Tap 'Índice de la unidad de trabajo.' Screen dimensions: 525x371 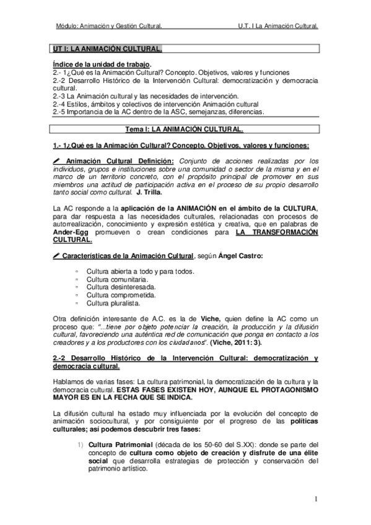(x=101, y=64)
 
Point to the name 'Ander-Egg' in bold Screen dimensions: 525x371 (x=71, y=232)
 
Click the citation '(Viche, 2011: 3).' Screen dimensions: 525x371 (x=236, y=342)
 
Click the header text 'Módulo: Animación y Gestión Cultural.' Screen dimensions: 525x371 (x=109, y=27)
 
